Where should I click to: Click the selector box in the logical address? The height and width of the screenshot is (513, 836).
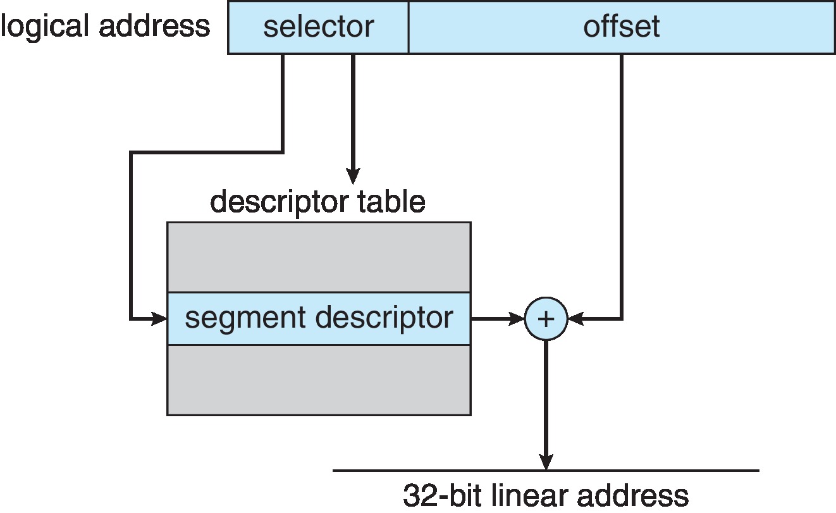coord(318,27)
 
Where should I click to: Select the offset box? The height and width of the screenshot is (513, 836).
coord(621,27)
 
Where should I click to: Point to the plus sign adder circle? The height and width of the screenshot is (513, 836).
coord(546,319)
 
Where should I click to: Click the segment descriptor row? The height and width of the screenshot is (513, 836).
coord(319,319)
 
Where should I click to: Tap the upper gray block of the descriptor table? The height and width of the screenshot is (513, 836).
coord(319,257)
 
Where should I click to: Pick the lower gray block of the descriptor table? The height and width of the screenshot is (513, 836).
coord(319,380)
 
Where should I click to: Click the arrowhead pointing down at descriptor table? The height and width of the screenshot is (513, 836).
coord(353,177)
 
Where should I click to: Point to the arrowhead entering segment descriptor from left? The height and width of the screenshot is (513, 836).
coord(159,319)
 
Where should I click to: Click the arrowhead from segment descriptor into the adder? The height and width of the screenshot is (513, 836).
coord(517,319)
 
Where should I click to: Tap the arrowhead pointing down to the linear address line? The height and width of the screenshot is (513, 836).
coord(546,462)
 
